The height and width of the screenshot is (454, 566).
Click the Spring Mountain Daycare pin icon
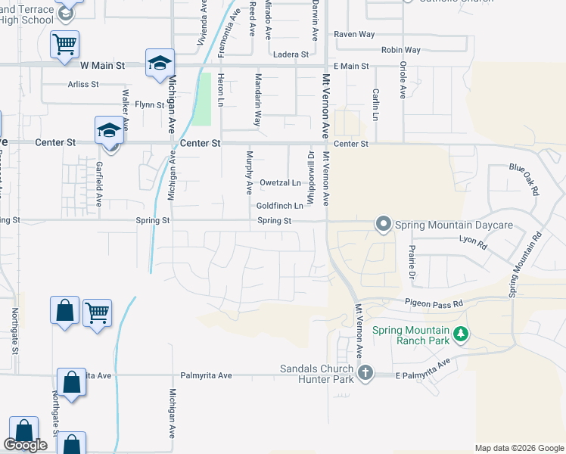coord(383,224)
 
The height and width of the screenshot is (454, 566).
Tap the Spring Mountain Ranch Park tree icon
coord(460,333)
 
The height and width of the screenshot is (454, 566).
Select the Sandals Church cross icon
coord(365,372)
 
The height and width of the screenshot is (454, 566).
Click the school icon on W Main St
coord(160,64)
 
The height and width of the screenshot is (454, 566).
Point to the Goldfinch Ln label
coord(280,206)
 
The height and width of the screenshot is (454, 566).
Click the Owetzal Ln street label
coord(280,183)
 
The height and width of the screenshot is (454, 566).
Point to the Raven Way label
coord(355,35)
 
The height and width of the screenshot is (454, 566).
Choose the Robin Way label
coord(401,50)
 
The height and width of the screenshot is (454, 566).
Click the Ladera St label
coord(292,54)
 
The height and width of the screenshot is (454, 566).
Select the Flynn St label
coord(151,104)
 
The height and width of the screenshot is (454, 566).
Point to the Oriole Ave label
coord(403,79)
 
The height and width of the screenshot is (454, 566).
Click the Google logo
coord(25,446)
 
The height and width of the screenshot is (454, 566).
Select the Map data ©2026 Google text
coord(519,448)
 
